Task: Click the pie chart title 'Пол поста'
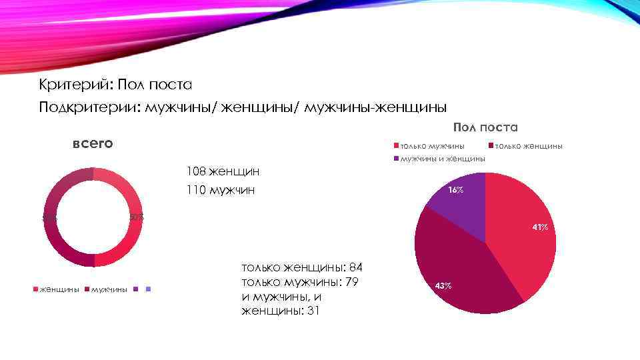point(485,127)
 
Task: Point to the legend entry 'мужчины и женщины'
point(442,159)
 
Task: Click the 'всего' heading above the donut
point(92,143)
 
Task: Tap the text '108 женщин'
point(223,172)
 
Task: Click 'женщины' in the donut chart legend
point(60,289)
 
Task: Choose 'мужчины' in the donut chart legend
point(109,289)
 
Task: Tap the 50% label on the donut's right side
point(136,217)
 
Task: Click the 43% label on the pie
point(443,285)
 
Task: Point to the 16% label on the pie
point(456,191)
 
